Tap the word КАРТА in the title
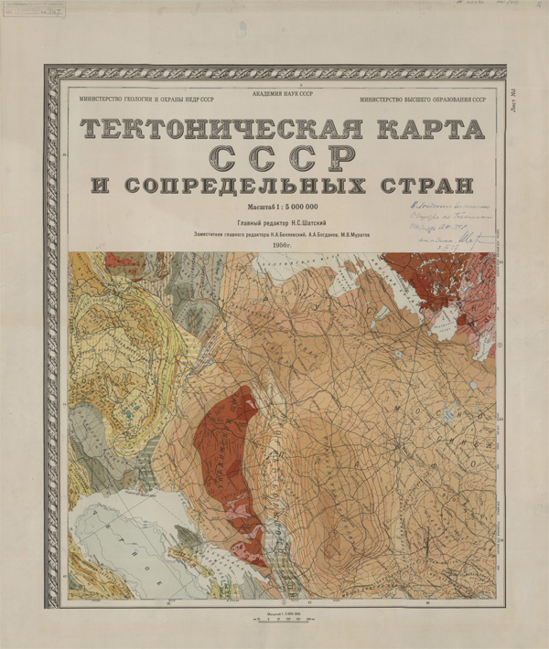[x=429, y=129]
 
